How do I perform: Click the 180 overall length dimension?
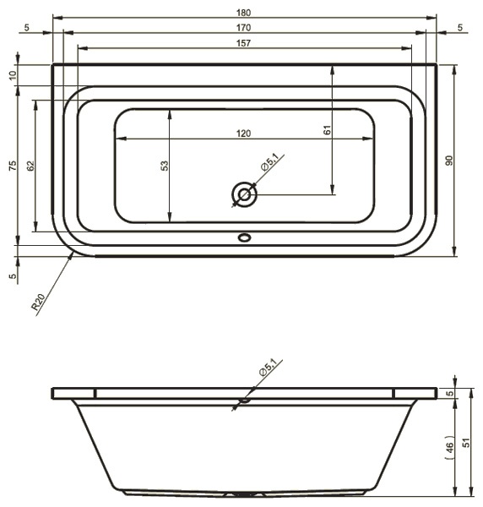coord(243,13)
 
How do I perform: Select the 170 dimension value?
coord(243,28)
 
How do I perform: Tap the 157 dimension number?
coord(243,43)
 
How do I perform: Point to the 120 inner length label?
coord(243,134)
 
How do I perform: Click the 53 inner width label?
coord(165,166)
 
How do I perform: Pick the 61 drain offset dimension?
coord(327,130)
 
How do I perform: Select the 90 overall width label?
coord(449,161)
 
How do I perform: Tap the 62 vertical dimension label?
coord(30,166)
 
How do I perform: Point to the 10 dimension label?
coord(13,75)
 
